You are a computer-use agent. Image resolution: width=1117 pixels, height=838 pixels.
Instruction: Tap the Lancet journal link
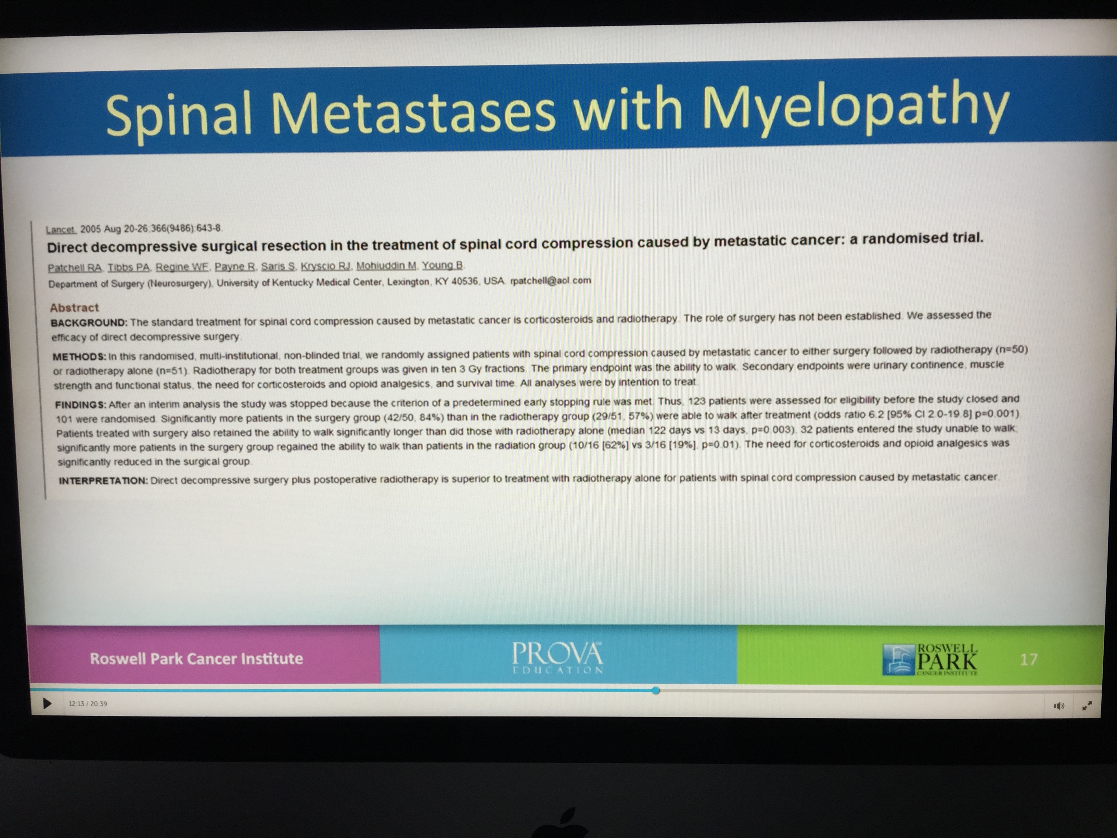(x=61, y=229)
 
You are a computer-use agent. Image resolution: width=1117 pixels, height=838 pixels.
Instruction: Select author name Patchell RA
(x=75, y=268)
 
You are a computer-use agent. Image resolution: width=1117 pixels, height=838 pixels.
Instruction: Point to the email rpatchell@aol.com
(x=550, y=280)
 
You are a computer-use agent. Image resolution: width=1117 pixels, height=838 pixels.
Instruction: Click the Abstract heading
(x=74, y=308)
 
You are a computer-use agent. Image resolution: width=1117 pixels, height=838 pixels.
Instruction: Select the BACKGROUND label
(x=89, y=322)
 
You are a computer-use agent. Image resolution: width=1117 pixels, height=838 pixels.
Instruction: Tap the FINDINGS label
(x=81, y=405)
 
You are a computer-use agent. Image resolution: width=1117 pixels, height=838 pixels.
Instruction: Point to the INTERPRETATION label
(x=103, y=480)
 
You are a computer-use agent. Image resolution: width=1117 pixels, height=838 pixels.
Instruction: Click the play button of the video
(x=47, y=703)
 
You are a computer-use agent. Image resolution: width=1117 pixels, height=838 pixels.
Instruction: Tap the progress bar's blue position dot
(x=655, y=690)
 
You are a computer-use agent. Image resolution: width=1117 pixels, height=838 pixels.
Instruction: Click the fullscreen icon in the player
(x=1087, y=706)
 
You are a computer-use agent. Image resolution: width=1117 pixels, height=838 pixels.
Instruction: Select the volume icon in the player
(x=1059, y=706)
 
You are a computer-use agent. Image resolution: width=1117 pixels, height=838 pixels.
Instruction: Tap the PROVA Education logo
(x=557, y=658)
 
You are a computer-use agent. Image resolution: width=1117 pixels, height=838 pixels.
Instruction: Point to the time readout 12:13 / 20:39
(x=88, y=703)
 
